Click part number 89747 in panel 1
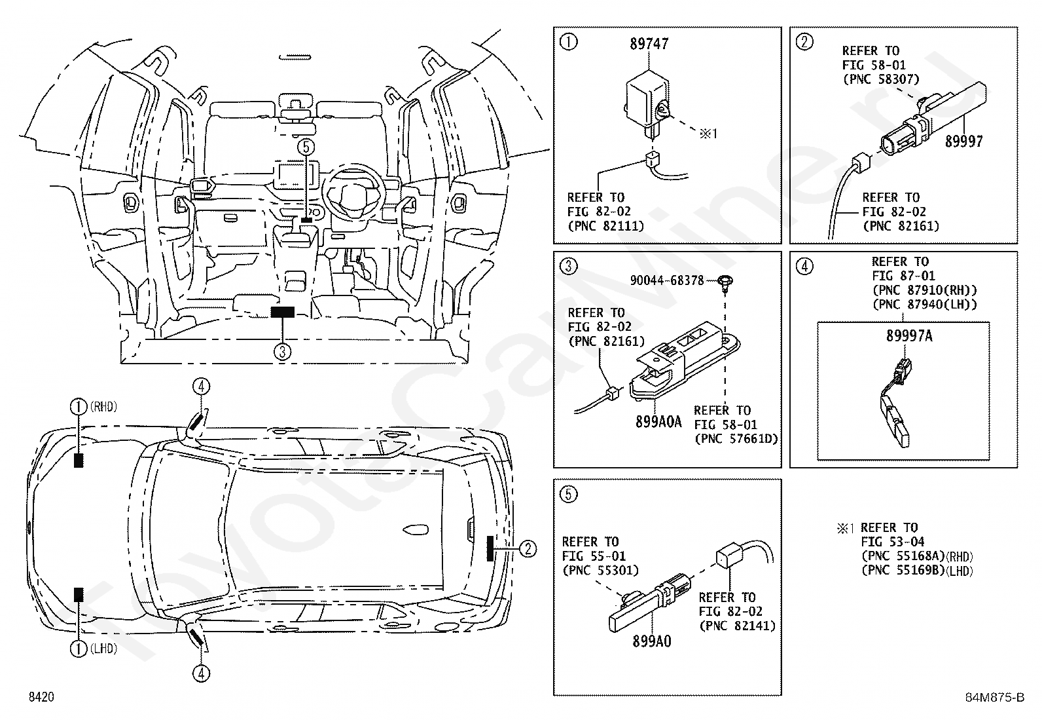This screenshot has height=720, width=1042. coord(649,44)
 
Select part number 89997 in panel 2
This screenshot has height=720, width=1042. coord(964,142)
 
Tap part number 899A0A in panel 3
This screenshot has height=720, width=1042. coord(658,422)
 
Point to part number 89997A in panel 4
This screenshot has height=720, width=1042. coord(909,336)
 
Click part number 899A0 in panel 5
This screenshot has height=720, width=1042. coord(652,641)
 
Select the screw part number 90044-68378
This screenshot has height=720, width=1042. coord(667,280)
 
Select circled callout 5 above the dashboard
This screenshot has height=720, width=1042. coord(306,147)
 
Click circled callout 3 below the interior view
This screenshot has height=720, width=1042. coord(282,352)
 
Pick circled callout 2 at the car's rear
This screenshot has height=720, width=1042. coord(528,548)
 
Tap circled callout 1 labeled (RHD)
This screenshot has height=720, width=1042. coord(78,407)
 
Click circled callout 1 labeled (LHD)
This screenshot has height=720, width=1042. coord(78,649)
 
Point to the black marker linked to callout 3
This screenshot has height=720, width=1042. coord(282,312)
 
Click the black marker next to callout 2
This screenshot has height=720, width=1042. coord(490,548)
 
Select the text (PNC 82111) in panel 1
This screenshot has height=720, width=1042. coord(606,226)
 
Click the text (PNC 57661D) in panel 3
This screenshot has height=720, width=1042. coord(736,439)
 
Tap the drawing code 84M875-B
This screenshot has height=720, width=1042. coord(995,697)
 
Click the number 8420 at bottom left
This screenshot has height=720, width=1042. coord(41,697)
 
